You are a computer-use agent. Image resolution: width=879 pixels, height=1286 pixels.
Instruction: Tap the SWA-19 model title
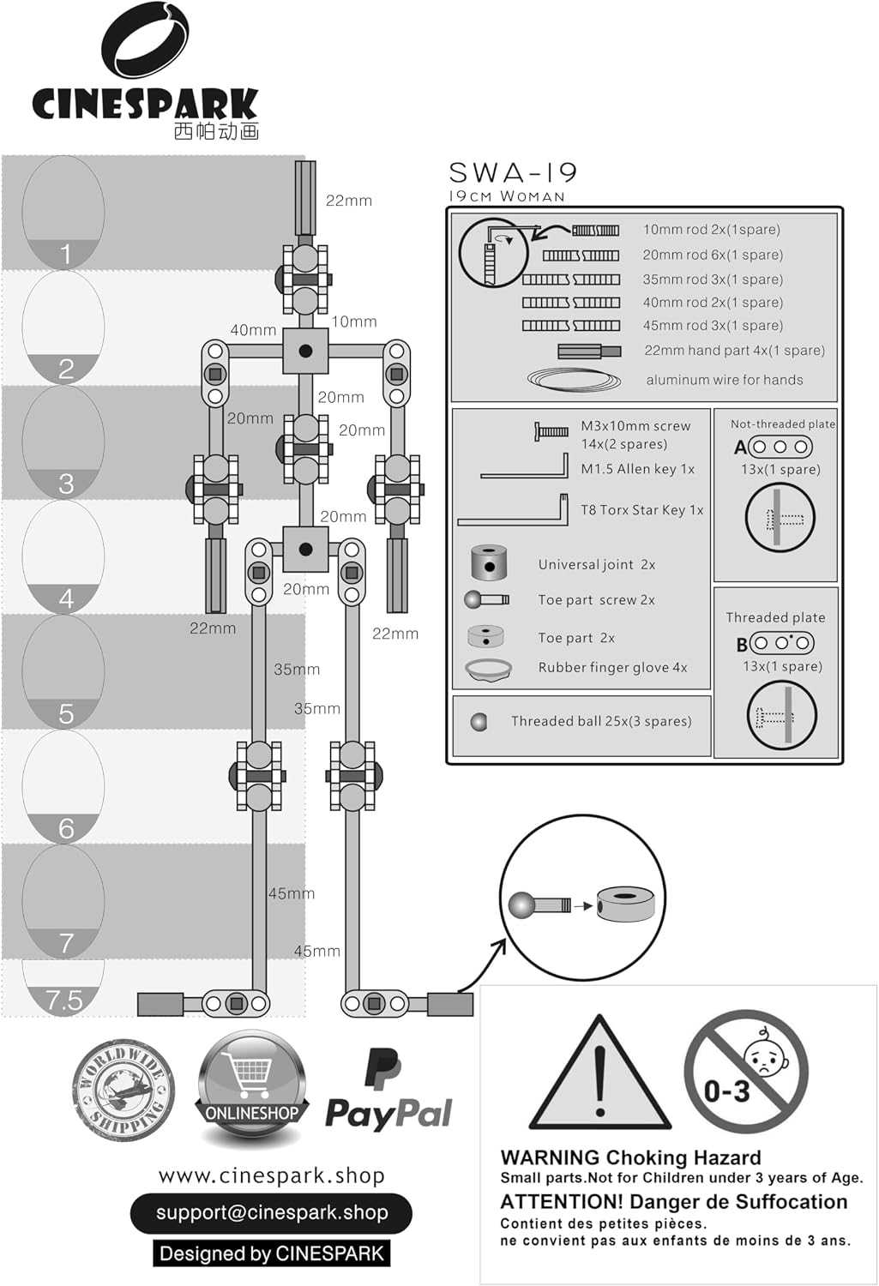pyautogui.click(x=513, y=172)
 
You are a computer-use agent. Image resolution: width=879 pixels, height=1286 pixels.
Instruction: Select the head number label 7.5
pyautogui.click(x=64, y=1001)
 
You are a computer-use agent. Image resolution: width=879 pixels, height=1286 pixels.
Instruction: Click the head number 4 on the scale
pyautogui.click(x=66, y=598)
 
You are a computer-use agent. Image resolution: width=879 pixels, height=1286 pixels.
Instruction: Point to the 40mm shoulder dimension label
pyautogui.click(x=253, y=330)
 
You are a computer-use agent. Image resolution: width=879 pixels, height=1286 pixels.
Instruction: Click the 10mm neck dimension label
pyautogui.click(x=353, y=321)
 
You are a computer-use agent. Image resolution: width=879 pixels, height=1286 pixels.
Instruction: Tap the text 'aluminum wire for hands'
pyautogui.click(x=725, y=380)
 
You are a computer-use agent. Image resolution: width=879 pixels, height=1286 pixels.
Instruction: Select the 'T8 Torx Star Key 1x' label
pyautogui.click(x=641, y=510)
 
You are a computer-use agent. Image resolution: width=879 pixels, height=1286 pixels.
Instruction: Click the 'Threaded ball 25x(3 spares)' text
pyautogui.click(x=601, y=721)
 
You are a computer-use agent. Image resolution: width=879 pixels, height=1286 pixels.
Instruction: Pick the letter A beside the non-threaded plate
pyautogui.click(x=741, y=448)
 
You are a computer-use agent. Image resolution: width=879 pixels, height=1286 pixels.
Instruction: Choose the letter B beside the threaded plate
pyautogui.click(x=742, y=645)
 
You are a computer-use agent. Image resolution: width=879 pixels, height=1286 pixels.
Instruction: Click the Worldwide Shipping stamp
pyautogui.click(x=123, y=1090)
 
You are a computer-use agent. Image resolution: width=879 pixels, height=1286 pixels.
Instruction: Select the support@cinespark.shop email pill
pyautogui.click(x=272, y=1213)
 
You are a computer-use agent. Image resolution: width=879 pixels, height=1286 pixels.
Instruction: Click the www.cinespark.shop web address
pyautogui.click(x=272, y=1175)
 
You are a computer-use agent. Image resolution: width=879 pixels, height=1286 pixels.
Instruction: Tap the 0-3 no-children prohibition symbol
pyautogui.click(x=745, y=1072)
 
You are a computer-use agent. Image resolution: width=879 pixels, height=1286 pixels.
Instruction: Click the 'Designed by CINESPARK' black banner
pyautogui.click(x=272, y=1253)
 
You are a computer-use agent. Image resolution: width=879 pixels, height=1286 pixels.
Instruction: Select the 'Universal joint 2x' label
pyautogui.click(x=597, y=564)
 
